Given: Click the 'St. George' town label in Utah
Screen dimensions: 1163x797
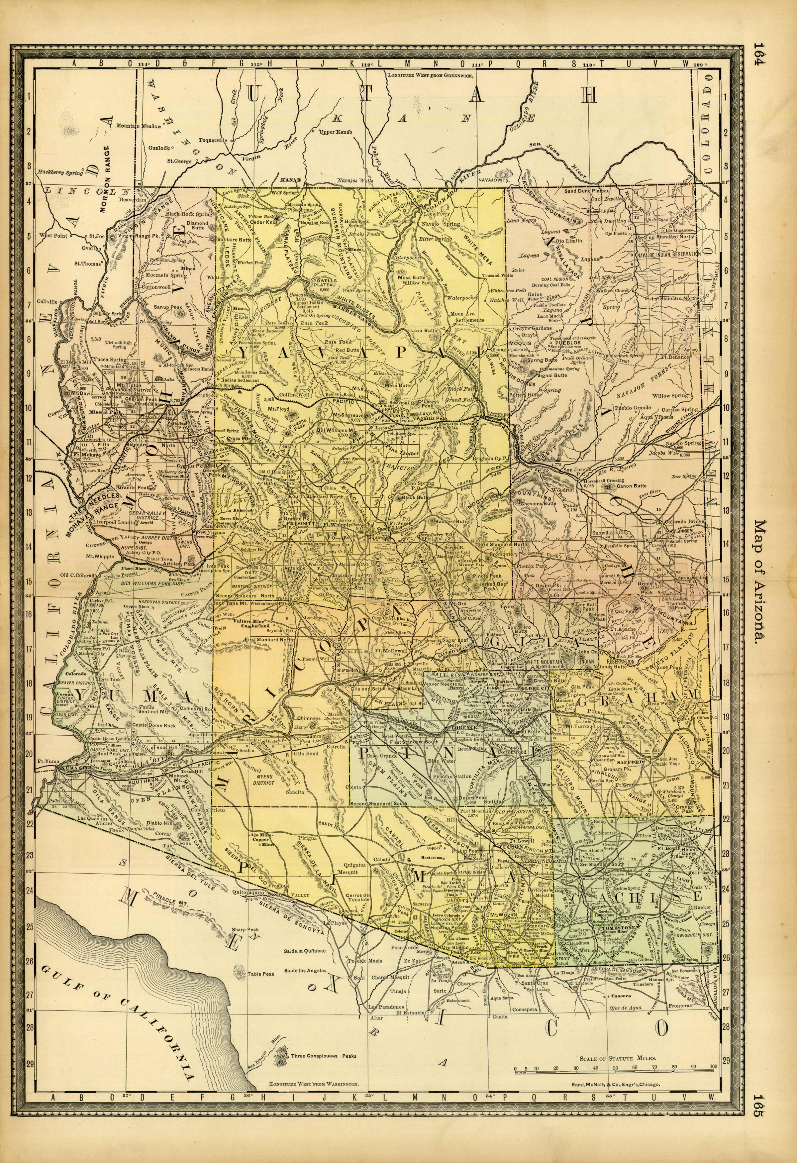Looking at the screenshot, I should click(179, 161).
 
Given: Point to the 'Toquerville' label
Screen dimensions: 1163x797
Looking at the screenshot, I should click(212, 140).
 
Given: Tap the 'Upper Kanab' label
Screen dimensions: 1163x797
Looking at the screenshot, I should click(336, 132).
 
